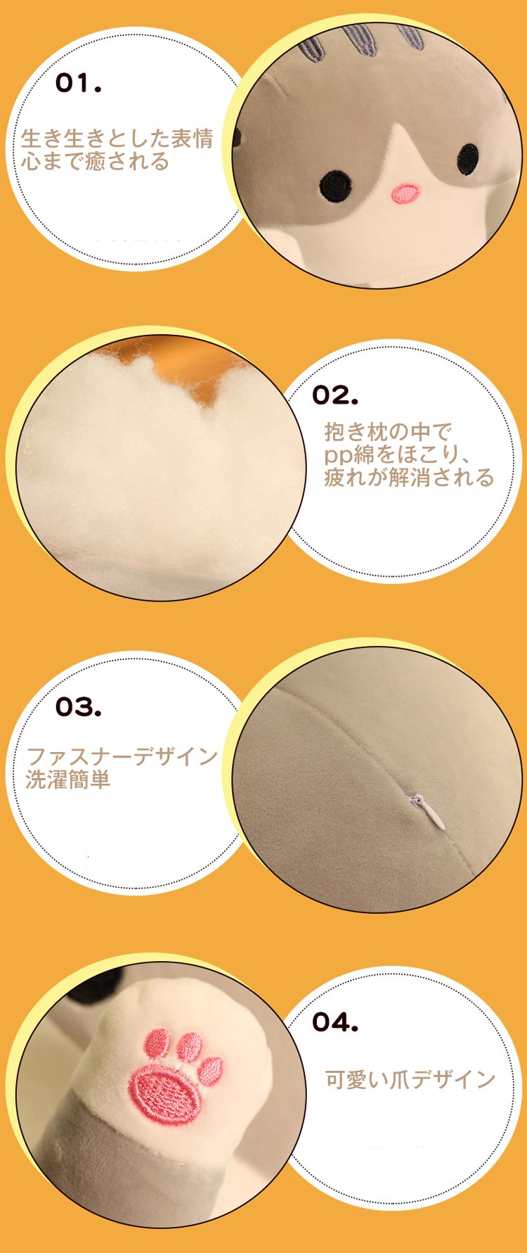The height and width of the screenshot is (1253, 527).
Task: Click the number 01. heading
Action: [x=78, y=84]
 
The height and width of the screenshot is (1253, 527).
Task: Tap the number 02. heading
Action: [x=334, y=395]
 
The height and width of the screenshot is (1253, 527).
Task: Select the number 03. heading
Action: [x=78, y=707]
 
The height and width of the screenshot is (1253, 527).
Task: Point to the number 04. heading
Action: [x=334, y=1022]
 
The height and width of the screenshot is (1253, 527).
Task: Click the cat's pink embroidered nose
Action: [x=405, y=193]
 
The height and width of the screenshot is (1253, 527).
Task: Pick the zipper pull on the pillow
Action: [x=429, y=810]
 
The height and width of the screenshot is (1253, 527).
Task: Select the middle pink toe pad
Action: [x=189, y=1046]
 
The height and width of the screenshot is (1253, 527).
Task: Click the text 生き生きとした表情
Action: [x=117, y=138]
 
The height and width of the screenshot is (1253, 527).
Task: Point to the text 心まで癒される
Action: [x=95, y=161]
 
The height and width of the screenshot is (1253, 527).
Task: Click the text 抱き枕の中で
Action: [x=387, y=431]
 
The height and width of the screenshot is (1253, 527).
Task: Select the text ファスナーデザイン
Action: [x=122, y=756]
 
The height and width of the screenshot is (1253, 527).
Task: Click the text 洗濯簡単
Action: [x=68, y=780]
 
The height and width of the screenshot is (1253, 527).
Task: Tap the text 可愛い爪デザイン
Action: [x=410, y=1079]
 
